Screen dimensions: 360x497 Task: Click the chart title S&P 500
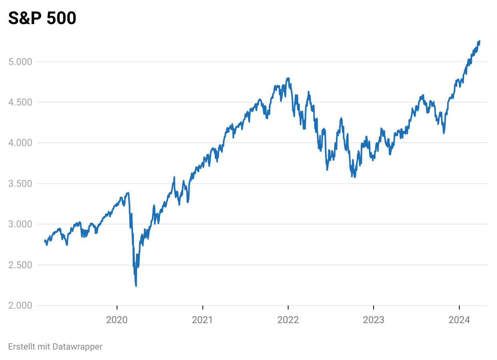click(x=42, y=18)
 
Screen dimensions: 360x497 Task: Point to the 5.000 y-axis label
click(x=20, y=62)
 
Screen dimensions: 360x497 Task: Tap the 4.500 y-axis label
click(x=20, y=102)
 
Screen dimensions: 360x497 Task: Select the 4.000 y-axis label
click(x=20, y=143)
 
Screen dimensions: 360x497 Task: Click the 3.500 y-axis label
click(x=20, y=184)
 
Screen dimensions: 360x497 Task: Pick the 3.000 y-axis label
click(x=20, y=224)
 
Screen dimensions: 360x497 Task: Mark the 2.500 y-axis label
click(x=20, y=265)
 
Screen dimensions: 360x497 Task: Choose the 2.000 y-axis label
click(x=20, y=305)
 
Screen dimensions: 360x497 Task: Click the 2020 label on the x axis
click(x=117, y=320)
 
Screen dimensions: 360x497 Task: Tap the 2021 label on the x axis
click(x=202, y=320)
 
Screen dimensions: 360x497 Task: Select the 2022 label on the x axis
click(x=288, y=320)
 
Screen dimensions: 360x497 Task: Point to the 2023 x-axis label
click(x=374, y=320)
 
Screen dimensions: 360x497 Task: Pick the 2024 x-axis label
click(x=459, y=320)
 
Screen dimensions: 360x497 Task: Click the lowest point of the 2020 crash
click(x=136, y=286)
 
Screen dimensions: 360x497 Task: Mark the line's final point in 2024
click(x=480, y=41)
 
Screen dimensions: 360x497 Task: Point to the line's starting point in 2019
click(x=44, y=241)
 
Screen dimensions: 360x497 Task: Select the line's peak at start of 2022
click(x=288, y=78)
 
